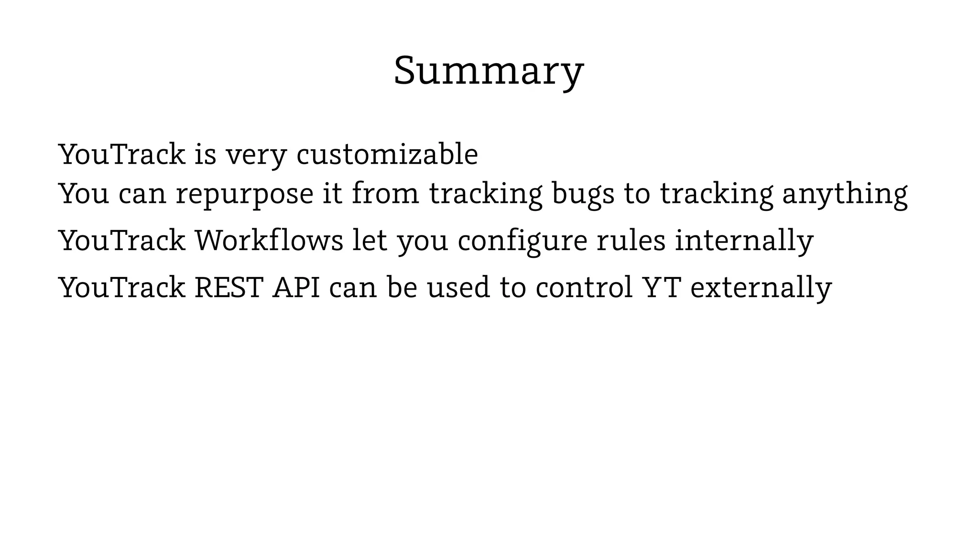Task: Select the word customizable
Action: [387, 154]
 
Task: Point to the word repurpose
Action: [244, 195]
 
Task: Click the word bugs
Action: [583, 195]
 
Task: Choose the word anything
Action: [845, 195]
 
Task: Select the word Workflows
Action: [269, 240]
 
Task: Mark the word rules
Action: [631, 240]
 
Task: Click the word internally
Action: [744, 240]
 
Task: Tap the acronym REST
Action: [229, 287]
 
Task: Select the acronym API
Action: [296, 287]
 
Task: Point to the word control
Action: [584, 287]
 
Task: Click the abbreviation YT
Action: [662, 287]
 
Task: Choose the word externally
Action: [761, 287]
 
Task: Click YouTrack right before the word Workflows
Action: [122, 240]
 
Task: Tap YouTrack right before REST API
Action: [122, 287]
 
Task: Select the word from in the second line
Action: [385, 194]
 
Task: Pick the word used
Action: [458, 287]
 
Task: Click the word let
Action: [370, 240]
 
